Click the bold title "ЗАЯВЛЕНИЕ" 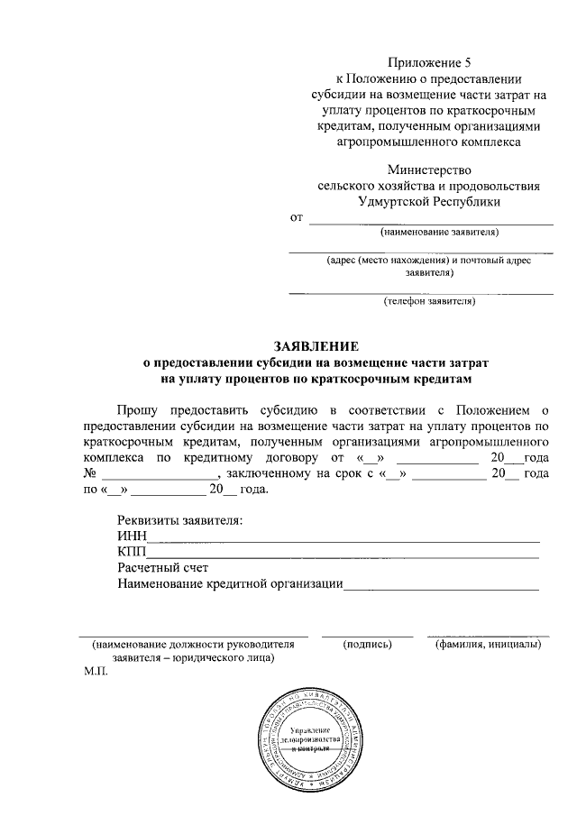pos(316,345)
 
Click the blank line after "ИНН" pos(343,539)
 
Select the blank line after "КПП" pos(343,556)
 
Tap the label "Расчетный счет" pos(163,568)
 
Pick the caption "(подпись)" pos(368,645)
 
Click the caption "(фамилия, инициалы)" pos(487,645)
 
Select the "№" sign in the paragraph pos(89,474)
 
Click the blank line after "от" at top pos(431,222)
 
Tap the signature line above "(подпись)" pos(368,636)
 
